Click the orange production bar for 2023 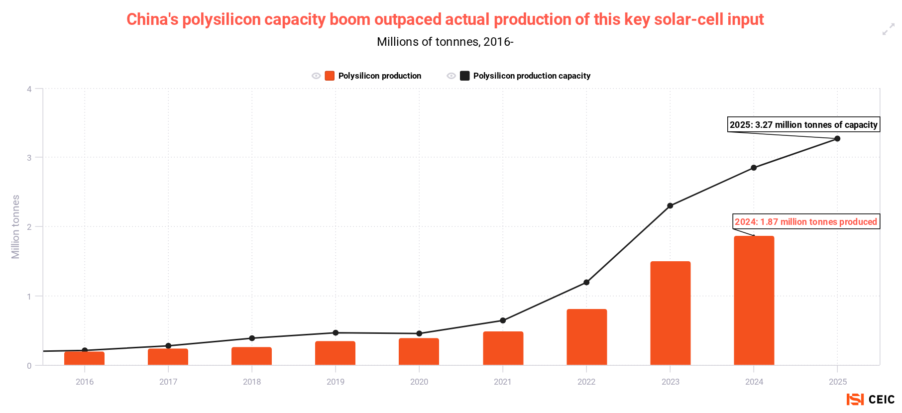[x=670, y=313]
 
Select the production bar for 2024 [x=754, y=301]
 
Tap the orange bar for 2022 [x=586, y=337]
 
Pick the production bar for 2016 [x=85, y=358]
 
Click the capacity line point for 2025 [x=837, y=138]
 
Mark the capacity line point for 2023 [x=670, y=206]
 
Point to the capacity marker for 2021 [x=503, y=320]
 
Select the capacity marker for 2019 [x=336, y=333]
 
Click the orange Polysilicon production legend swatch [x=330, y=76]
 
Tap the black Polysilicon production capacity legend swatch [x=464, y=76]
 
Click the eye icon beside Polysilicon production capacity [x=451, y=76]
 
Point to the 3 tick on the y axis [x=29, y=158]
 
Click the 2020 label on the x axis [x=419, y=382]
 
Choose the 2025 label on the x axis [x=838, y=382]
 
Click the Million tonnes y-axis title [x=15, y=227]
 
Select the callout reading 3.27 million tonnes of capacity [x=803, y=124]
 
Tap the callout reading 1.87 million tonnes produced [x=806, y=221]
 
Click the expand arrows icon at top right [x=888, y=30]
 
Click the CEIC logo [x=870, y=399]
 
